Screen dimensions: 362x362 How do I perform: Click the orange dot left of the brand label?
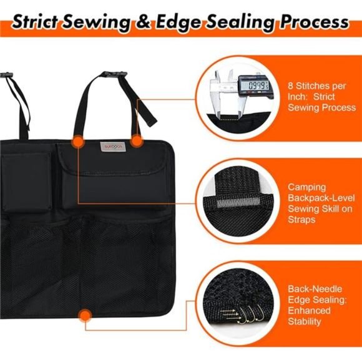77,142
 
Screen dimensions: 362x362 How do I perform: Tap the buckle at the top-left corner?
6,74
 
